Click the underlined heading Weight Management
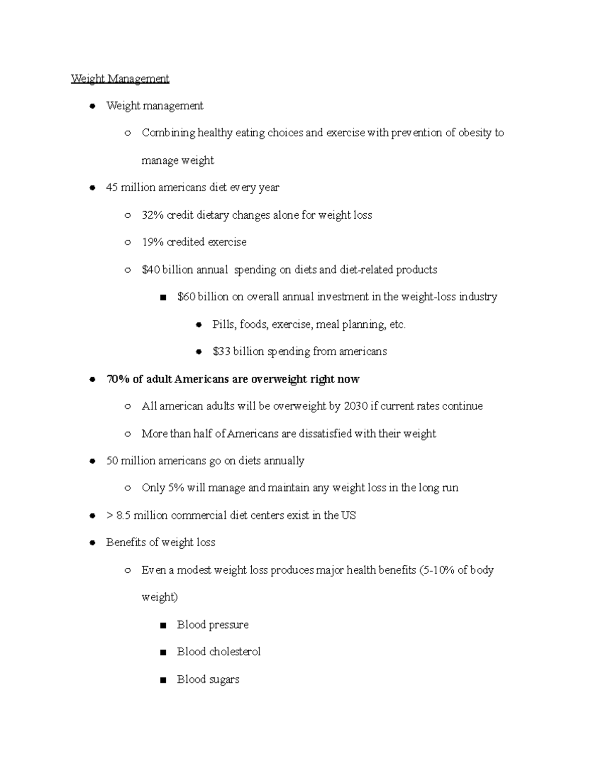click(120, 78)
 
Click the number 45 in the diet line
click(112, 188)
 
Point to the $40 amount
click(151, 270)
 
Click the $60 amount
click(186, 297)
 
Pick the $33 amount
click(222, 352)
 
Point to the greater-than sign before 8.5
click(110, 515)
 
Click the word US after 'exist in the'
click(348, 515)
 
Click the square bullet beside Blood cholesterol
click(162, 653)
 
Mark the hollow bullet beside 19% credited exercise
click(128, 243)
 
